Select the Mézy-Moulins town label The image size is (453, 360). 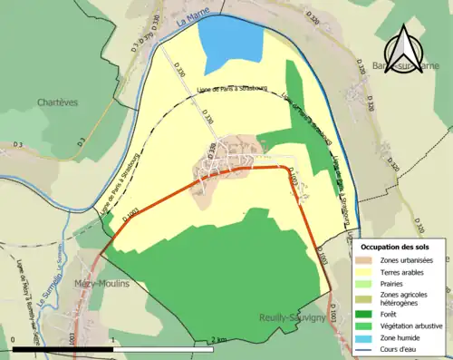101,283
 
